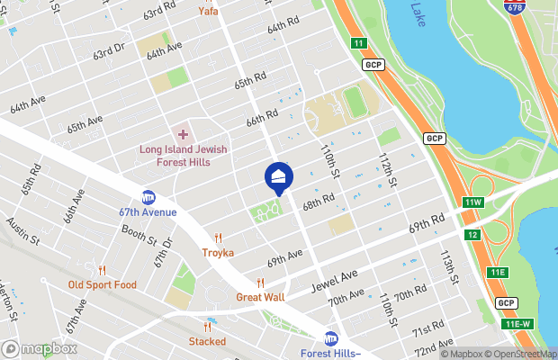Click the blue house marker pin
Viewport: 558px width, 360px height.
click(x=279, y=177)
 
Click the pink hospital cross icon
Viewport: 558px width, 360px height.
click(x=183, y=134)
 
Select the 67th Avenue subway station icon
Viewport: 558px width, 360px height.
click(x=148, y=197)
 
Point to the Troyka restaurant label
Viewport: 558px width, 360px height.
click(x=218, y=253)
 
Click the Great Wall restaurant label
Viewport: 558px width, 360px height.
click(x=260, y=297)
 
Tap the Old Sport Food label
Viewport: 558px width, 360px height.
click(x=103, y=284)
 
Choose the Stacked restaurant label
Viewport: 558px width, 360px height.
click(x=207, y=341)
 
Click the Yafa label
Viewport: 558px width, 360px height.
click(x=208, y=12)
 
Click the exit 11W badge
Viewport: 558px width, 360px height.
click(x=473, y=202)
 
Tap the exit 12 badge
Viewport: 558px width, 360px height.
click(x=472, y=235)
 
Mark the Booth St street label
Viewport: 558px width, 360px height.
click(x=139, y=236)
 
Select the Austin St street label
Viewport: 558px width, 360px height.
click(x=22, y=230)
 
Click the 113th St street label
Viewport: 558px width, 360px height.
click(x=447, y=266)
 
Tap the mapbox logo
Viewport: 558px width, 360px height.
click(x=39, y=348)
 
